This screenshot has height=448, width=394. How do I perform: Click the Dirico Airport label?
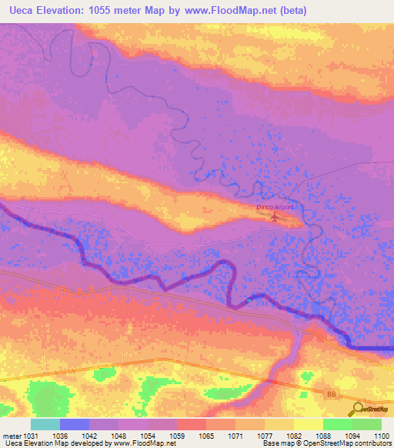pyautogui.click(x=275, y=207)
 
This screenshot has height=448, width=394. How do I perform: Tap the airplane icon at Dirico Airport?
pyautogui.click(x=275, y=218)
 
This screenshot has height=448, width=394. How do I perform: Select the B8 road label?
pyautogui.click(x=331, y=395)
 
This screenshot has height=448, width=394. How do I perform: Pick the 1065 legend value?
pyautogui.click(x=206, y=435)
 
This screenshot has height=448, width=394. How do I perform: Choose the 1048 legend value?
pyautogui.click(x=119, y=435)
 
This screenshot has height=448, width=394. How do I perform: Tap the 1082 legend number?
pyautogui.click(x=294, y=435)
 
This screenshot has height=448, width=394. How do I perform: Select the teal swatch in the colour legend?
pyautogui.click(x=45, y=424)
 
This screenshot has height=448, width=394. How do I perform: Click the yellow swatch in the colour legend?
pyautogui.click(x=308, y=424)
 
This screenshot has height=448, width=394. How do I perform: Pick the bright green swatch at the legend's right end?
pyautogui.click(x=367, y=424)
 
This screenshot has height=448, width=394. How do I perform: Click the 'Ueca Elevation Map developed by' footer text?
pyautogui.click(x=55, y=443)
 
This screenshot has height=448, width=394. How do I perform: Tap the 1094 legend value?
pyautogui.click(x=353, y=435)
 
